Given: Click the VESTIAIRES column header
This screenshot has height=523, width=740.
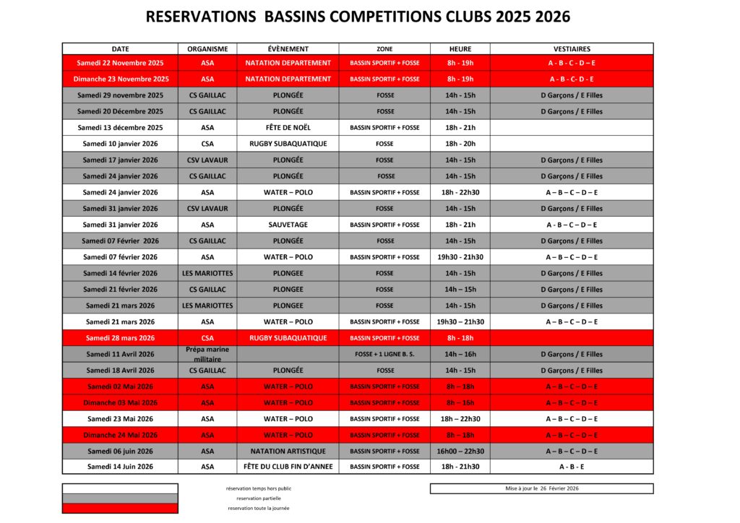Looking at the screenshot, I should (x=572, y=49).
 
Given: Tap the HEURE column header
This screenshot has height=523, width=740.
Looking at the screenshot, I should (x=460, y=49).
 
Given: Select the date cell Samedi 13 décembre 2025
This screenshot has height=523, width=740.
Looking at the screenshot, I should (x=120, y=128).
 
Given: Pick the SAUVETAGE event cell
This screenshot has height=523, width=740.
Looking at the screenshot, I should (x=288, y=225).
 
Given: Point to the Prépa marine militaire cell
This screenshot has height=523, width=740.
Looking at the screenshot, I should (x=207, y=354).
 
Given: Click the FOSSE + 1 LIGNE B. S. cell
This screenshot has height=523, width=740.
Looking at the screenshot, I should (x=384, y=355).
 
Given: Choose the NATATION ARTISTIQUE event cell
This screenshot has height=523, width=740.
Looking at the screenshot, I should (x=288, y=451).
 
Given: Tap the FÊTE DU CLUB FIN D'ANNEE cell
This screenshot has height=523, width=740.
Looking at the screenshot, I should (x=288, y=467).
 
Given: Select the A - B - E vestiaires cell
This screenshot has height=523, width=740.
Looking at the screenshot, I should (x=572, y=467).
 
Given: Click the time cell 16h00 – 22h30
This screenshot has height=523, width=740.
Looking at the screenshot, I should (x=460, y=451).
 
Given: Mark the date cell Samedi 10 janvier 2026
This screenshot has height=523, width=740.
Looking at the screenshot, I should (x=120, y=144).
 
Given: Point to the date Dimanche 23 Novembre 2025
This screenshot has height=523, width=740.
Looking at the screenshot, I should (x=120, y=79).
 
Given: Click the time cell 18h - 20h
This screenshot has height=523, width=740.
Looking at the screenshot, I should (x=460, y=144).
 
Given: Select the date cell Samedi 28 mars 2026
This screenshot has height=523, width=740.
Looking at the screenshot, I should (x=120, y=338).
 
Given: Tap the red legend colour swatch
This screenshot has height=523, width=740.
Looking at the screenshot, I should (x=120, y=508).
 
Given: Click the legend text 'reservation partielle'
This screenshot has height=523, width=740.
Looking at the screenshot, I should (x=259, y=498).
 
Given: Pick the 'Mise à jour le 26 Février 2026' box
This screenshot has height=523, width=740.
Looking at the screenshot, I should (x=541, y=488).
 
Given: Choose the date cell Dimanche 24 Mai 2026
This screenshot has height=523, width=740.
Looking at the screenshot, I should (x=120, y=435).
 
